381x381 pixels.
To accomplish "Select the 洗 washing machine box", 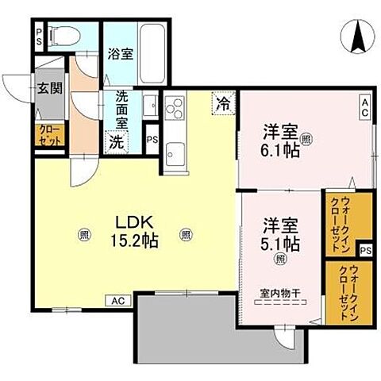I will tap(116, 144).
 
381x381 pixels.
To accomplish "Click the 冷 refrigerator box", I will tap(225, 103).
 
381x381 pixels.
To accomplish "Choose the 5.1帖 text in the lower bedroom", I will tap(282, 242).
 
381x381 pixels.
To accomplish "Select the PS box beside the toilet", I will tap(39, 35).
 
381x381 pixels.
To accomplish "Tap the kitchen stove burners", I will tap(173, 106).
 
